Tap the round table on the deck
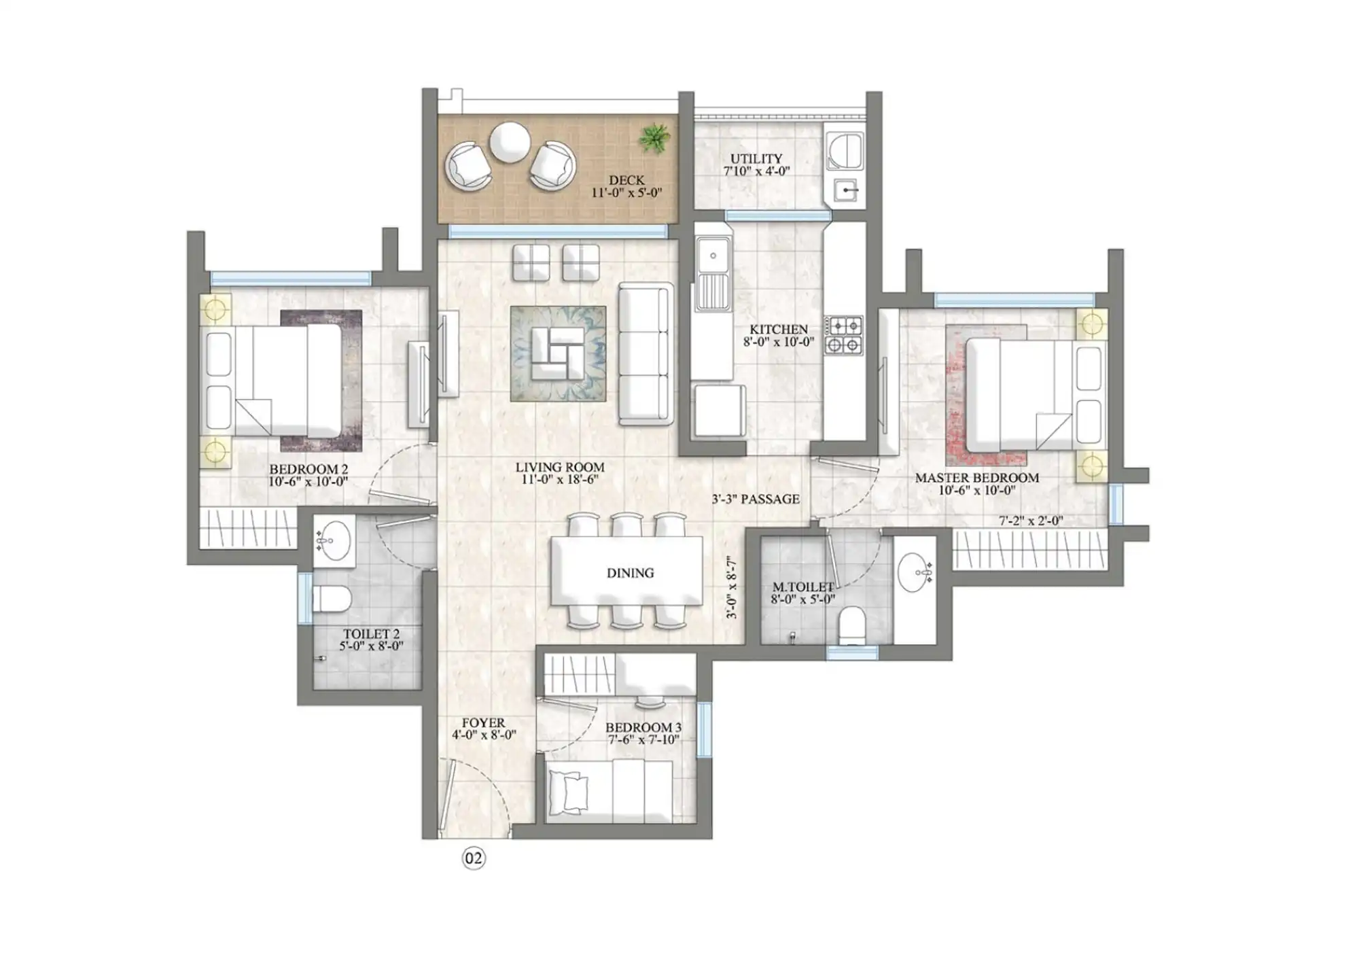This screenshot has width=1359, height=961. coord(510,142)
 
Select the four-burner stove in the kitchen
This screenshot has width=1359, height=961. coord(843,335)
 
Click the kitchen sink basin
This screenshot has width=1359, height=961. coord(713,256)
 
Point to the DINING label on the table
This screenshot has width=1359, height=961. coord(630,573)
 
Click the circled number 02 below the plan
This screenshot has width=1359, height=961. coord(474,859)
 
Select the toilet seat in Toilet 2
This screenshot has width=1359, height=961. coord(331,599)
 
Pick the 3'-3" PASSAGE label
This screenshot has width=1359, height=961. coord(756,500)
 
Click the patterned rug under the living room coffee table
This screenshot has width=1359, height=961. coord(558,353)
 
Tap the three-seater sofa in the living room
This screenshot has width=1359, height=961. coord(644,353)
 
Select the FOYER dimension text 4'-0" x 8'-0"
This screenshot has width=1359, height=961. coord(484,735)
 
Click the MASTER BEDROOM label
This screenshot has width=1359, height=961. coord(976,478)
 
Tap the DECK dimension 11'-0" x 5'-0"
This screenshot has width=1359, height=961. coord(626,192)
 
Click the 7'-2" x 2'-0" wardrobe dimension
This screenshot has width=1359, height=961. coord(1030,521)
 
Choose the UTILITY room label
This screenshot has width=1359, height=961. coord(756,158)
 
